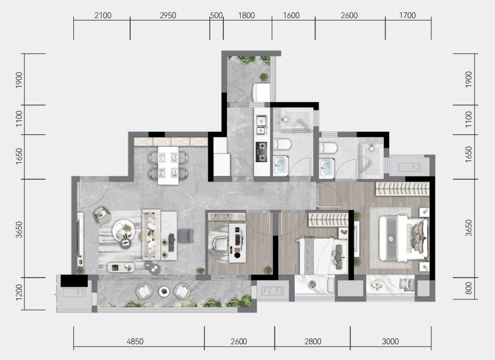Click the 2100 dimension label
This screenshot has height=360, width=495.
click(x=103, y=15)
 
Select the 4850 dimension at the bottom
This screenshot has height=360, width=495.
click(x=135, y=341)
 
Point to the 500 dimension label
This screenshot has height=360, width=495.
click(x=216, y=15)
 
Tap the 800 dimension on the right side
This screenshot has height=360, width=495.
click(x=468, y=288)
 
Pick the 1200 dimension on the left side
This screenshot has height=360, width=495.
click(x=19, y=292)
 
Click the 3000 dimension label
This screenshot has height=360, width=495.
click(x=390, y=341)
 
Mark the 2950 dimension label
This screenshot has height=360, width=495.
click(x=168, y=15)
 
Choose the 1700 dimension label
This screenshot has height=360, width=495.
click(x=407, y=15)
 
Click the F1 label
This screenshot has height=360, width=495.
click(x=80, y=292)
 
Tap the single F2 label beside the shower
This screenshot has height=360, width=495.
click(x=416, y=167)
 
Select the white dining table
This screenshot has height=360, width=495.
click(x=168, y=165)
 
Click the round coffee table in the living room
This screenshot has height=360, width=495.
click(x=123, y=231)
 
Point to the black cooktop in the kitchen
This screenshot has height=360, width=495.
click(x=261, y=152)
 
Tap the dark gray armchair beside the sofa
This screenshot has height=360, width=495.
click(x=185, y=236)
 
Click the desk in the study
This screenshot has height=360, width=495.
click(x=237, y=243)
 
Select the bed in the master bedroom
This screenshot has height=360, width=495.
click(x=404, y=238)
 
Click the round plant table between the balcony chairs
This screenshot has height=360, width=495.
click(x=164, y=292)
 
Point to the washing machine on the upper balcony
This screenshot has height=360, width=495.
click(x=261, y=92)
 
